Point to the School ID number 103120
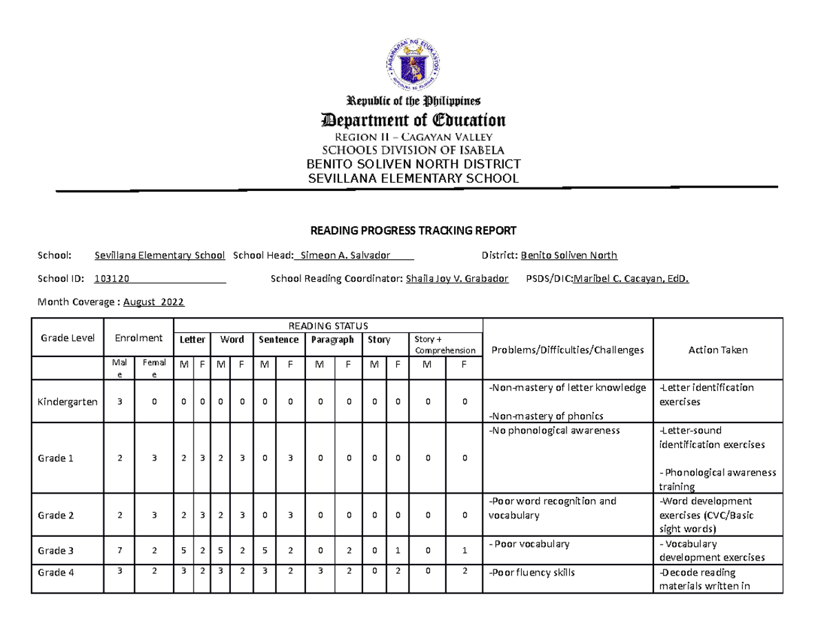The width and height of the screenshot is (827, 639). pyautogui.click(x=114, y=279)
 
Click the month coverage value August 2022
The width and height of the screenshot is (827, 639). pyautogui.click(x=153, y=302)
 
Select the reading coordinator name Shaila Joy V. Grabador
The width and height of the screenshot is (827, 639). pyautogui.click(x=457, y=279)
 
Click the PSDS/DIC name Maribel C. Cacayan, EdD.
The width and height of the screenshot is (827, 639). pyautogui.click(x=631, y=279)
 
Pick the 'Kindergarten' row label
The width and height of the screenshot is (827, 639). pyautogui.click(x=68, y=401)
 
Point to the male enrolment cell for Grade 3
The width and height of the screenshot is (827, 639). pyautogui.click(x=120, y=551)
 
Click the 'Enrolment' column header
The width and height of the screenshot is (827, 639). pyautogui.click(x=139, y=338)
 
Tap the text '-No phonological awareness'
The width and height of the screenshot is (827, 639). pyautogui.click(x=554, y=431)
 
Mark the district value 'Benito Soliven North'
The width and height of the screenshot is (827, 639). pyautogui.click(x=569, y=256)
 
